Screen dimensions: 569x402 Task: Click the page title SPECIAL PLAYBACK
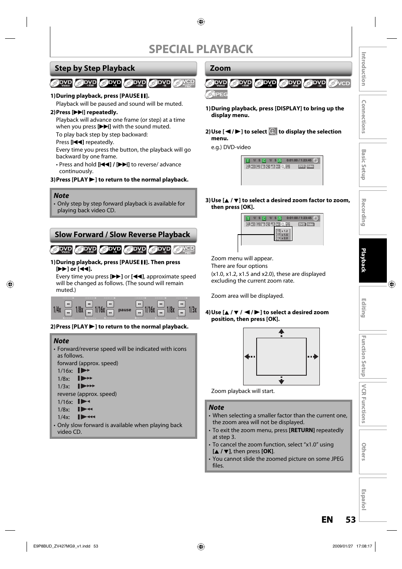click(201, 49)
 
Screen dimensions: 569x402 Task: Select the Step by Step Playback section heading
click(95, 68)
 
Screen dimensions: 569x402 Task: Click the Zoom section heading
click(220, 68)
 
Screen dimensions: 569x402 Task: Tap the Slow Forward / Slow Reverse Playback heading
click(122, 235)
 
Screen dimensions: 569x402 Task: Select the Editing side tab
click(364, 308)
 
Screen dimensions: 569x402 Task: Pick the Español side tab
click(364, 500)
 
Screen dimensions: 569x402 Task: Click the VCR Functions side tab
click(364, 404)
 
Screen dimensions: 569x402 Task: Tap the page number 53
click(351, 520)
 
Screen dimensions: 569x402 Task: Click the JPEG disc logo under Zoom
click(217, 94)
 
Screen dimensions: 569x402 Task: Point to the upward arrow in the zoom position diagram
click(281, 332)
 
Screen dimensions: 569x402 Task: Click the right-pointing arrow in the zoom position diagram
click(313, 357)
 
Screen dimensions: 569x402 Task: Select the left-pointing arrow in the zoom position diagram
click(250, 357)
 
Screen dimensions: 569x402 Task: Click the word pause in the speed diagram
click(125, 310)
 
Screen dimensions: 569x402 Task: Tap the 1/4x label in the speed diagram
click(57, 310)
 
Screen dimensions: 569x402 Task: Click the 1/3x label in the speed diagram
click(193, 310)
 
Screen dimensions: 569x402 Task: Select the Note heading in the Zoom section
click(216, 407)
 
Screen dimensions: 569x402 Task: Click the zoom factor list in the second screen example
click(284, 235)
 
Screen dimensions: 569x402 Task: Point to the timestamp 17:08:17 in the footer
click(364, 546)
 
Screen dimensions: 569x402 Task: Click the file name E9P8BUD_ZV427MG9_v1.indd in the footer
click(62, 546)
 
